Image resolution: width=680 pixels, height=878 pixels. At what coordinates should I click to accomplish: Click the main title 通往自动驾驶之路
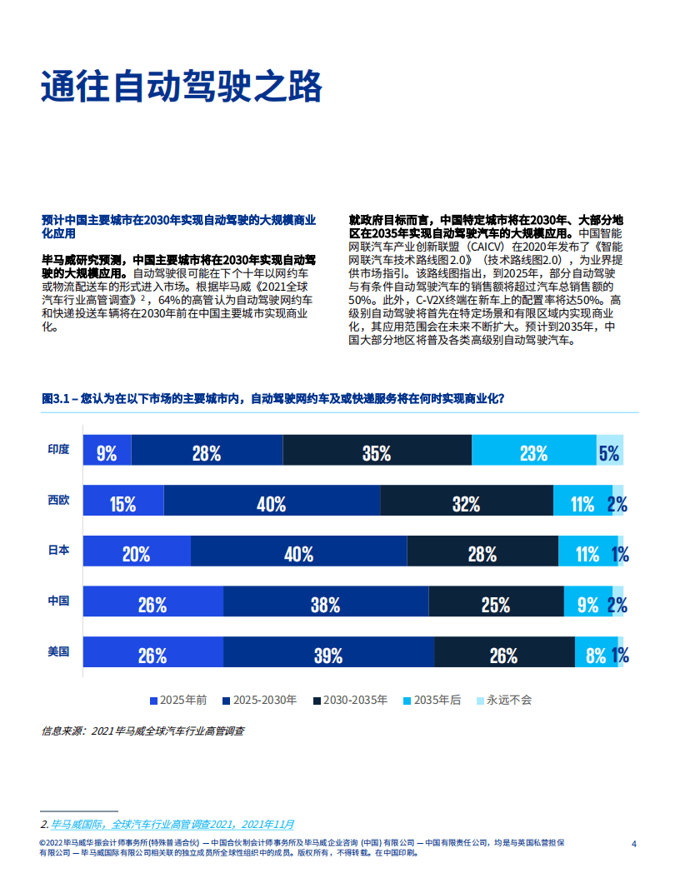pos(181,86)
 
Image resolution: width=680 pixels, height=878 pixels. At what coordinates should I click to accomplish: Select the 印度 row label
pos(58,449)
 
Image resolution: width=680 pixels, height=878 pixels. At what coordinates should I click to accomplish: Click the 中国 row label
pos(58,601)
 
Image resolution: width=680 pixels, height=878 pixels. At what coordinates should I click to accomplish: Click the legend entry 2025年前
pos(178,700)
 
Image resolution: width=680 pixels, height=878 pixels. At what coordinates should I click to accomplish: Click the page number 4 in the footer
pos(634,844)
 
